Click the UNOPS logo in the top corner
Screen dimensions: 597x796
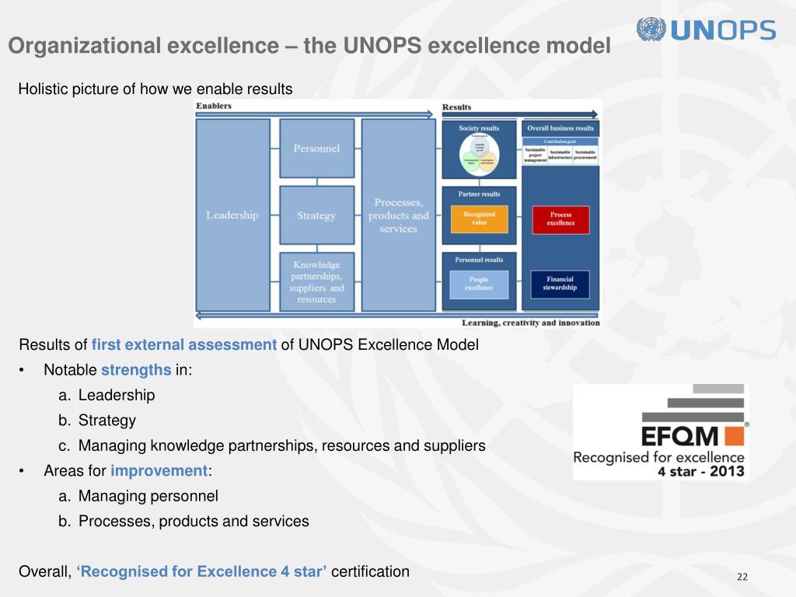coord(705,30)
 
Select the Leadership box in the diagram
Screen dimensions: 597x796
coord(232,215)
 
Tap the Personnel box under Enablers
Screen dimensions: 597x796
coord(316,148)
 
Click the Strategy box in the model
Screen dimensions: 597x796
coord(316,215)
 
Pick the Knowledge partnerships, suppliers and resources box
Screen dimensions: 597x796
coord(316,281)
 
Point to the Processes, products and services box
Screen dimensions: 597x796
coord(398,215)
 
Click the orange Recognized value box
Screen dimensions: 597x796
coord(479,219)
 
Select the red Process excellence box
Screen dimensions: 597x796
coord(560,219)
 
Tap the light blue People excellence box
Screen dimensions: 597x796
coord(479,284)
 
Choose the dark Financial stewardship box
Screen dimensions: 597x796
coord(560,284)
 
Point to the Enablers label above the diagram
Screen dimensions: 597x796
coord(214,106)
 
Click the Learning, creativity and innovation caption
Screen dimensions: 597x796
coord(531,323)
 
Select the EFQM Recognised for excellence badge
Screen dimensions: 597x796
coord(660,431)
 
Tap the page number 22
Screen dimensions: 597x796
coord(742,576)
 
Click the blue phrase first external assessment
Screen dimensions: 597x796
coord(184,345)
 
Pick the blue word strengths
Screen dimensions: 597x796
coord(136,370)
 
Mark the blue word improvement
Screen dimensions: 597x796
coord(159,471)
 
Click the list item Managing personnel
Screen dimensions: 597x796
coord(148,496)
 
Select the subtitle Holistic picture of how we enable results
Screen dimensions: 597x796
coord(155,89)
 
